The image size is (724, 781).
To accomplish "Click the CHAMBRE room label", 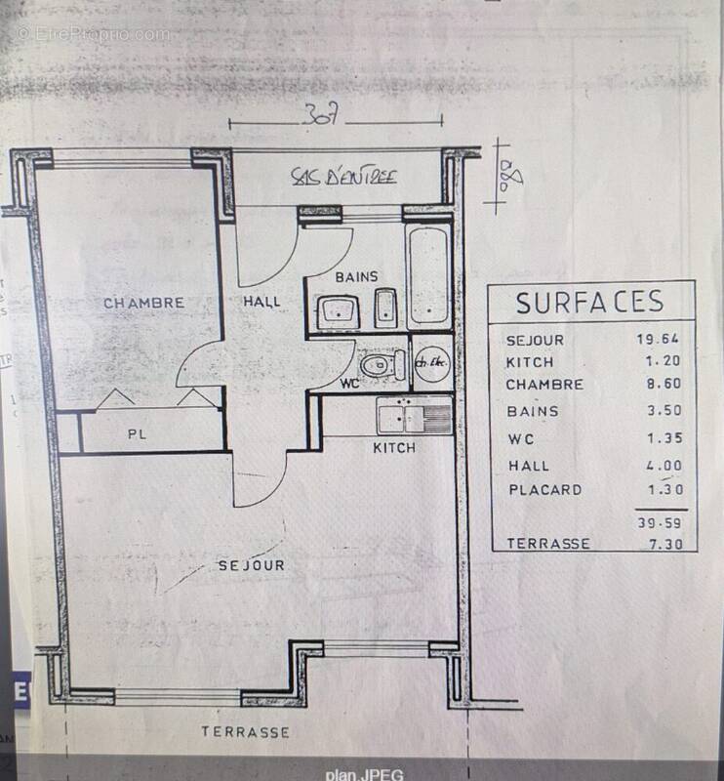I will click(x=144, y=303).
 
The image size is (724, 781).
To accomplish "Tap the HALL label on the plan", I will click(x=261, y=301).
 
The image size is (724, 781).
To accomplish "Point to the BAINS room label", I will click(x=356, y=277).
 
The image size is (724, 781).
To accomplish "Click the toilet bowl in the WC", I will click(x=377, y=366).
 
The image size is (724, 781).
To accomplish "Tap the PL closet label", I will click(x=137, y=434).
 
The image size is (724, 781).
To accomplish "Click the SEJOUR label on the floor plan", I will click(x=251, y=565).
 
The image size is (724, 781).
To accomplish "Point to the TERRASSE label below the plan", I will click(x=245, y=731).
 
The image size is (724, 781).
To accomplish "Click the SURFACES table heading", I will click(x=589, y=302).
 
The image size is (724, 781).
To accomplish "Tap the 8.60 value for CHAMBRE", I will click(x=662, y=384).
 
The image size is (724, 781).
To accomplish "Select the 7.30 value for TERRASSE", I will click(x=662, y=543).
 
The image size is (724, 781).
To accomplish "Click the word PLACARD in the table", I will click(x=544, y=489).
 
